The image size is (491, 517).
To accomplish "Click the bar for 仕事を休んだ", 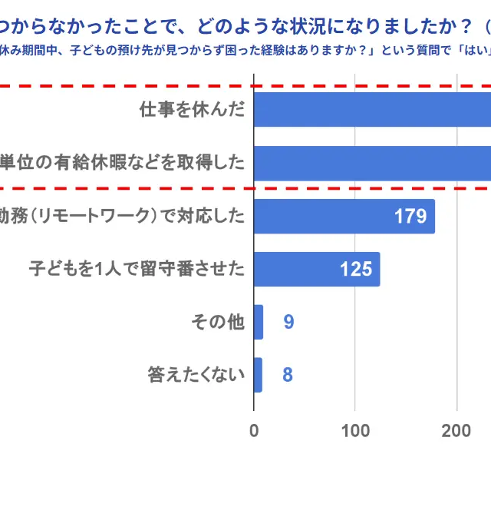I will pyautogui.click(x=372, y=109).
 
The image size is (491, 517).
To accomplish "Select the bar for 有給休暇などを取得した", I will pyautogui.click(x=372, y=163).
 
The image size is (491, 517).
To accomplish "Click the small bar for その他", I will pyautogui.click(x=259, y=322).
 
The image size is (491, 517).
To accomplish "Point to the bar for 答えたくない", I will pyautogui.click(x=258, y=375).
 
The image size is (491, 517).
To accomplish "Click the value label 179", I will pyautogui.click(x=410, y=217).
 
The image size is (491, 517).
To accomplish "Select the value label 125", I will pyautogui.click(x=356, y=270).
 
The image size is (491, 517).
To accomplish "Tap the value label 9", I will pyautogui.click(x=288, y=322).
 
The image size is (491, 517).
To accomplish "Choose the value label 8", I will pyautogui.click(x=288, y=375).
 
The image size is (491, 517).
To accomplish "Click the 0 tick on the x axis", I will pyautogui.click(x=254, y=430).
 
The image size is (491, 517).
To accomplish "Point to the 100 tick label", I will pyautogui.click(x=355, y=430).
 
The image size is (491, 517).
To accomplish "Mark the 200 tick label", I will pyautogui.click(x=456, y=430).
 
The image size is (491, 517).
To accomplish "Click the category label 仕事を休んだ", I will pyautogui.click(x=192, y=109).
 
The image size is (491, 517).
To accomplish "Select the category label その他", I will pyautogui.click(x=218, y=322).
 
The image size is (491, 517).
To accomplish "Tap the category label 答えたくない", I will pyautogui.click(x=196, y=375).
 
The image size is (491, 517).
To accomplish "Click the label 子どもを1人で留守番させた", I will pyautogui.click(x=137, y=270).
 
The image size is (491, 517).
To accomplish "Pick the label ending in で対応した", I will pyautogui.click(x=123, y=217).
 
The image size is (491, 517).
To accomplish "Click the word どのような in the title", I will pyautogui.click(x=230, y=28).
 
